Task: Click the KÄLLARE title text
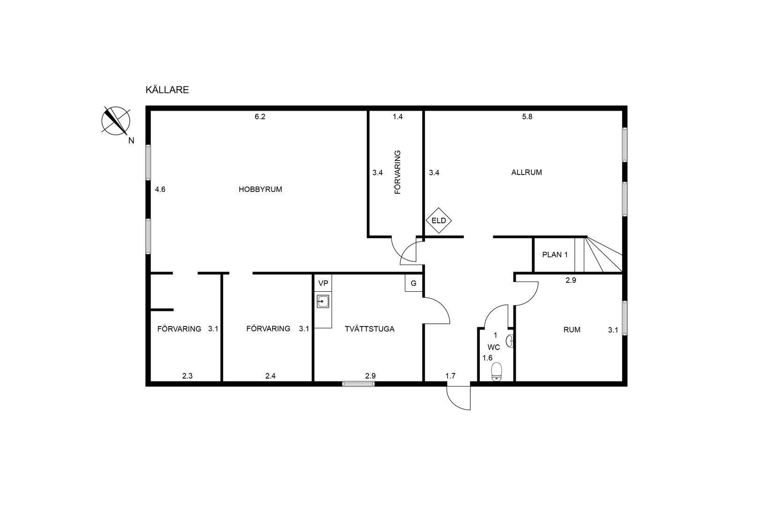tap(167, 90)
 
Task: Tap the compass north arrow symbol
tap(116, 121)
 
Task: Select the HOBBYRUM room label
tap(260, 190)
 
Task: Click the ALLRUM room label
tap(527, 172)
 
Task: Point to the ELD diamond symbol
tap(439, 220)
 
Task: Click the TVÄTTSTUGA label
tap(370, 329)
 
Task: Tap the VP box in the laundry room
tap(323, 283)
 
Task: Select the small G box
tap(413, 283)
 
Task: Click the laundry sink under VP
tap(323, 301)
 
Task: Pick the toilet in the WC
tap(497, 372)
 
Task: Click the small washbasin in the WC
tap(510, 341)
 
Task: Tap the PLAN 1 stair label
tap(555, 255)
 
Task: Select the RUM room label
tap(572, 330)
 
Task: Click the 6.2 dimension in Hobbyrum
tap(260, 117)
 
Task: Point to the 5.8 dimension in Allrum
tap(528, 117)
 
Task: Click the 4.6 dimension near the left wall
tap(160, 190)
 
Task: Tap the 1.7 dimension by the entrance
tap(450, 376)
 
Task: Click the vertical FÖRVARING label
tap(398, 172)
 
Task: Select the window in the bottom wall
tap(358, 384)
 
